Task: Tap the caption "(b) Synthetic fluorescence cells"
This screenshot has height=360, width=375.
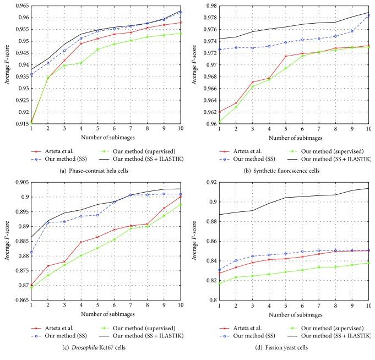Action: tap(281, 170)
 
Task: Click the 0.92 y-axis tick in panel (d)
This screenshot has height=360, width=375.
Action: tap(209, 182)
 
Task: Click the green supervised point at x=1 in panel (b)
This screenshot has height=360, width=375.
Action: tap(220, 122)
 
